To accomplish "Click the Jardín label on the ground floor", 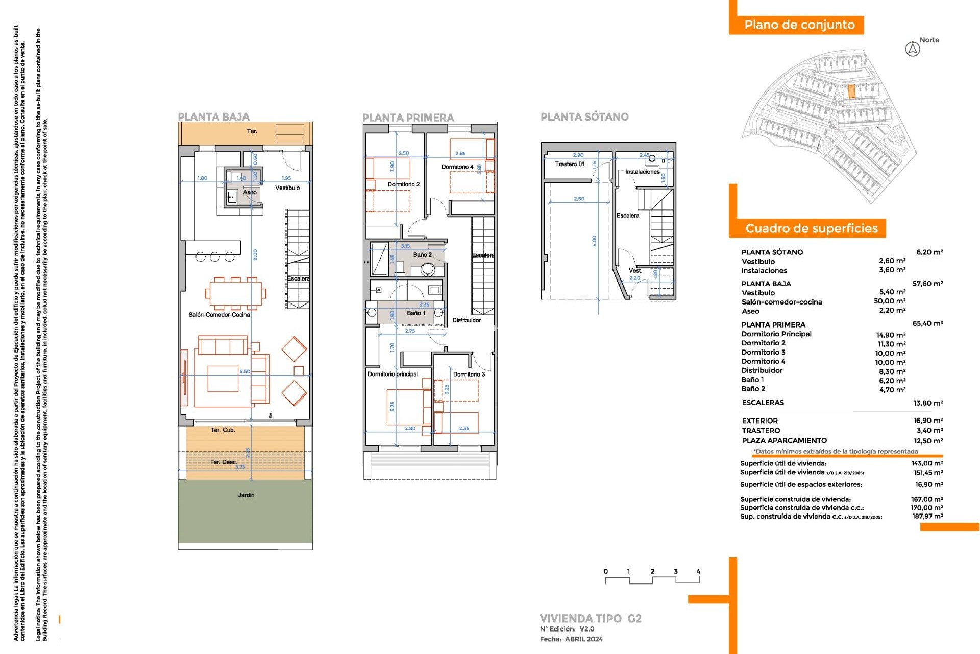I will point(246,495).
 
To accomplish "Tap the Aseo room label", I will point(250,192).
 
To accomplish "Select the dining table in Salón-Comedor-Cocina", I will point(235,294).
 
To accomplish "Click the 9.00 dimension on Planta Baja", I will point(255,254).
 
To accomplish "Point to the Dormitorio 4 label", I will point(457,167).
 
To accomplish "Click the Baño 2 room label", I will point(422,254).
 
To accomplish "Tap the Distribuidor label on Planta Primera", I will point(466,320).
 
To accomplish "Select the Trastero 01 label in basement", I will point(570,164).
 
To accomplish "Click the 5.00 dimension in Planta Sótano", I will point(594,240).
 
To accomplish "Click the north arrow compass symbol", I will point(912,50).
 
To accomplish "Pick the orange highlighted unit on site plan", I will point(851,92).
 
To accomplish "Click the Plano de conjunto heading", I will point(799,25).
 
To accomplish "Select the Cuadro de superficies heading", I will point(811,228).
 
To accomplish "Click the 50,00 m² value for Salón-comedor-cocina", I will point(889,301).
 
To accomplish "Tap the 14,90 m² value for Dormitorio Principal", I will point(891,335).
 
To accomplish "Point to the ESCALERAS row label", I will point(763,403).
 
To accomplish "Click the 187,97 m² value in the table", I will point(927,517).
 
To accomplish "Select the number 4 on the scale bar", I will point(698,571).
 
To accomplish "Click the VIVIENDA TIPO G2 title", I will point(590,619).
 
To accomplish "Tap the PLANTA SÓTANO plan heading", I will point(584,117).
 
